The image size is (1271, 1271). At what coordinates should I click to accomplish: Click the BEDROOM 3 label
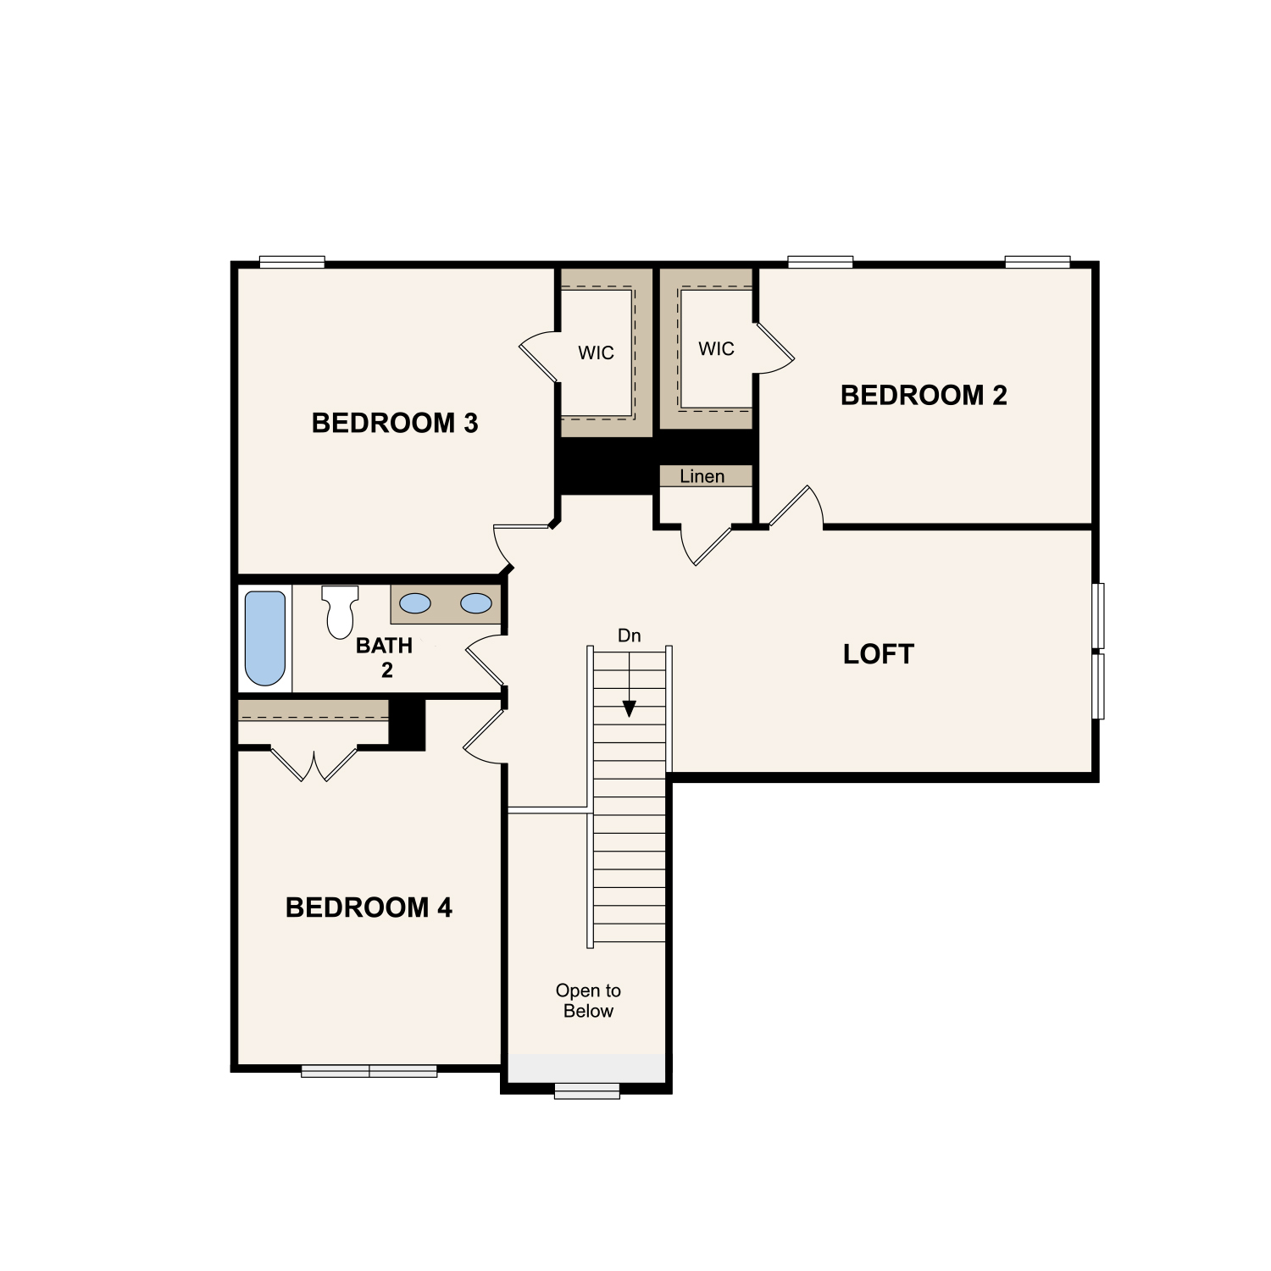pyautogui.click(x=395, y=423)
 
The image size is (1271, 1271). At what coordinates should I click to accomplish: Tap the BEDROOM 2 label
pyautogui.click(x=924, y=395)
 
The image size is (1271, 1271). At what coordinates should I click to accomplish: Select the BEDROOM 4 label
pyautogui.click(x=369, y=907)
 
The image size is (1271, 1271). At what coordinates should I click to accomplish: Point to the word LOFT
pyautogui.click(x=879, y=654)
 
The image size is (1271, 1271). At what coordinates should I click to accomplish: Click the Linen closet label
pyautogui.click(x=702, y=476)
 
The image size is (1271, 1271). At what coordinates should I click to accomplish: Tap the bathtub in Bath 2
pyautogui.click(x=265, y=638)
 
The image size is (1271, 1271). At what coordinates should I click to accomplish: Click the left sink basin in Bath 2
pyautogui.click(x=415, y=603)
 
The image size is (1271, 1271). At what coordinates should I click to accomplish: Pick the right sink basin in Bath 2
pyautogui.click(x=476, y=603)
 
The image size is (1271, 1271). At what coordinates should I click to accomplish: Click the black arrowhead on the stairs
pyautogui.click(x=629, y=708)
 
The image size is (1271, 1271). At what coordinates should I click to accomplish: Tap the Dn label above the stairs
pyautogui.click(x=629, y=635)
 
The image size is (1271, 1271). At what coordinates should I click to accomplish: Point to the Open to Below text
pyautogui.click(x=588, y=1001)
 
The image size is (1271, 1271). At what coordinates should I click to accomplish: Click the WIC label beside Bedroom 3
pyautogui.click(x=596, y=353)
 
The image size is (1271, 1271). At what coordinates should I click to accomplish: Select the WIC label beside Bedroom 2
pyautogui.click(x=716, y=349)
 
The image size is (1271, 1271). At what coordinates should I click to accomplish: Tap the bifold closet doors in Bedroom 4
pyautogui.click(x=314, y=765)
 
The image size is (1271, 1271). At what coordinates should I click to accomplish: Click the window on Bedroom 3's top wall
pyautogui.click(x=291, y=262)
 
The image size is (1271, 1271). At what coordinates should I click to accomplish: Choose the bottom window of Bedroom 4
pyautogui.click(x=369, y=1071)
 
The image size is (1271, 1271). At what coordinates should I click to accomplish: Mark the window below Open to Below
pyautogui.click(x=587, y=1091)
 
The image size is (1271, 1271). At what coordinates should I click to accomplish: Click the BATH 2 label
pyautogui.click(x=385, y=658)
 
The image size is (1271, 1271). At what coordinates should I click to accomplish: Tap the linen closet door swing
pyautogui.click(x=705, y=547)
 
